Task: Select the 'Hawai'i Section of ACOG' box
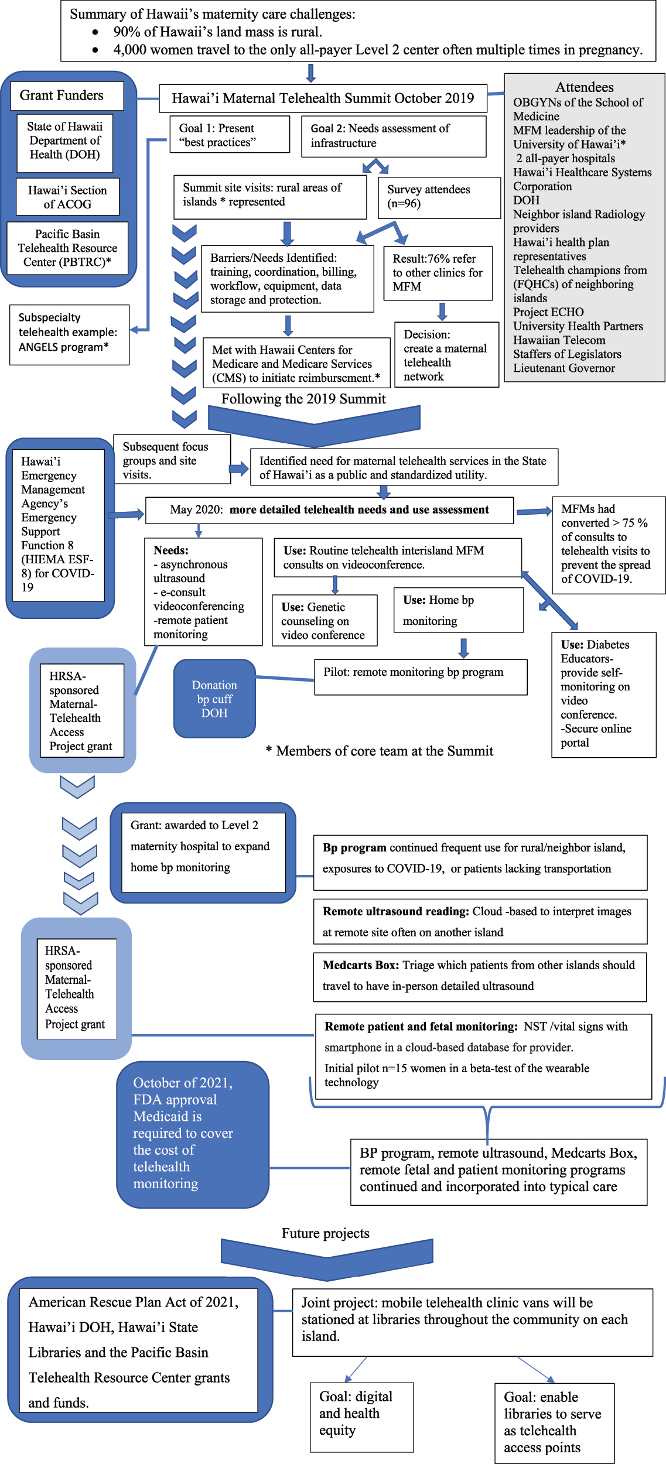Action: tap(68, 197)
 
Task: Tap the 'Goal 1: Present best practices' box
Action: tap(230, 135)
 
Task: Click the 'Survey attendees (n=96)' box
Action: tap(439, 197)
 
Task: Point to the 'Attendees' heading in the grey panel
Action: tap(584, 87)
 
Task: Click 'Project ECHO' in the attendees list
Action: tap(548, 312)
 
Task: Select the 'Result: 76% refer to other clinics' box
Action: tap(438, 273)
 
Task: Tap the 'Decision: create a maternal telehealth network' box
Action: tap(446, 355)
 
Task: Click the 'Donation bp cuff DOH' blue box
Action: tap(214, 699)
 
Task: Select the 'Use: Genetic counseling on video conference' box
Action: tap(325, 621)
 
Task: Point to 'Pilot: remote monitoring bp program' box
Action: tap(421, 677)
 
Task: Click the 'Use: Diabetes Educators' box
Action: tap(603, 695)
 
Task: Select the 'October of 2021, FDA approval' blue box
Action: tap(193, 1134)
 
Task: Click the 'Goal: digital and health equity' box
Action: tap(361, 1417)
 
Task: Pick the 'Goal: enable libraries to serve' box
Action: tap(554, 1423)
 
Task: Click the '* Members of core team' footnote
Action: tap(380, 751)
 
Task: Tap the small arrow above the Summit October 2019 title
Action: tap(311, 73)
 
